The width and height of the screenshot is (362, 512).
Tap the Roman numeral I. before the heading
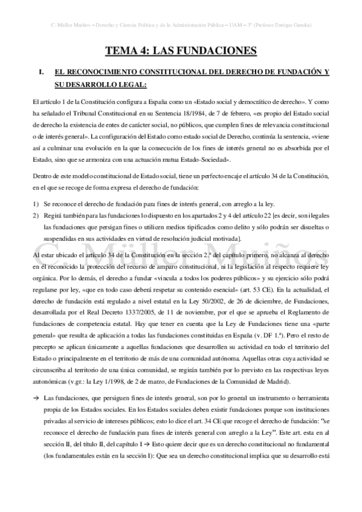(41, 72)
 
